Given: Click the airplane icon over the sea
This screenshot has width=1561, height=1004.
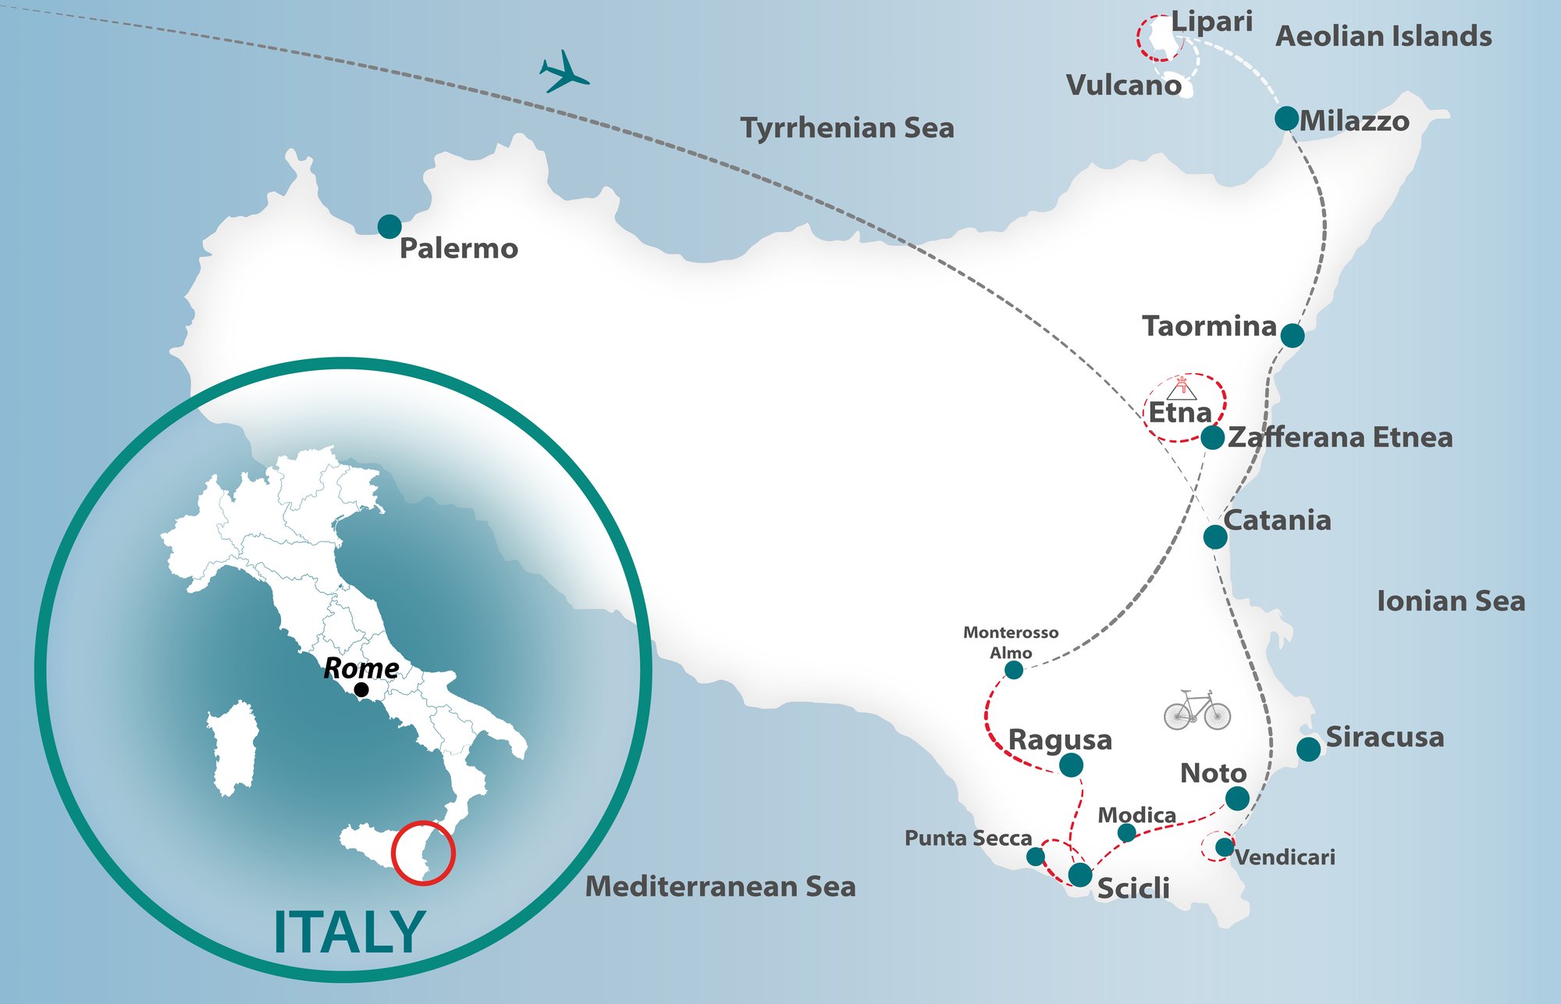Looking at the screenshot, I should coord(564,73).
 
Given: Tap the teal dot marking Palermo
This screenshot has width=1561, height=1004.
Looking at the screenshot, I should coord(389,226).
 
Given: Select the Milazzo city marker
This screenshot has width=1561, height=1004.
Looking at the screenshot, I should coord(1286,119).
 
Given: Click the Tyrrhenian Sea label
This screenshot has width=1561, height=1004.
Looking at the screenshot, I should coord(847,128).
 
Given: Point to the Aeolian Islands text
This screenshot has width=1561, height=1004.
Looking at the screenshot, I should coord(1383,37).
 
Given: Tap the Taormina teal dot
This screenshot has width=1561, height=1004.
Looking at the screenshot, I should coord(1293,336).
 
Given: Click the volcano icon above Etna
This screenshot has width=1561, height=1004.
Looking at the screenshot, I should coord(1182,388).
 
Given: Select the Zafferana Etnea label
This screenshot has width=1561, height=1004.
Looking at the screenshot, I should coord(1340,437).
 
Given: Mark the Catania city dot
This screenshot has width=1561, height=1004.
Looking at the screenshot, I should coord(1215,536).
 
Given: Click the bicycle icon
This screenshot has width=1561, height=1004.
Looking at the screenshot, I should coord(1197,710).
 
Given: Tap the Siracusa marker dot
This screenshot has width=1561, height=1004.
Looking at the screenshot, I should coord(1309,749).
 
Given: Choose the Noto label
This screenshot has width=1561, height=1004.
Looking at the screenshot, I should coord(1213,773).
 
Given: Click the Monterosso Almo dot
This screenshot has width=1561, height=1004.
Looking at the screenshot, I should coord(1013,670).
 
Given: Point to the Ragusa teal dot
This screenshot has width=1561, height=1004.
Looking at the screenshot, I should coord(1071,765).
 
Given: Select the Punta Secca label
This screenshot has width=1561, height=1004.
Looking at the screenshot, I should coord(968,838).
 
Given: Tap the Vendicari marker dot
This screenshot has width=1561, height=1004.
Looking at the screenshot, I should coord(1224,847).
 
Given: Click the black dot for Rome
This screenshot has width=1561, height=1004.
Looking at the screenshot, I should coord(361,689).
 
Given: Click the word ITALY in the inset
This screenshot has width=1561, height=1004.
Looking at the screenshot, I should coord(349,932).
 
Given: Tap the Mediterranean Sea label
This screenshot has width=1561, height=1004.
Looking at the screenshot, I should coord(720,887).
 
